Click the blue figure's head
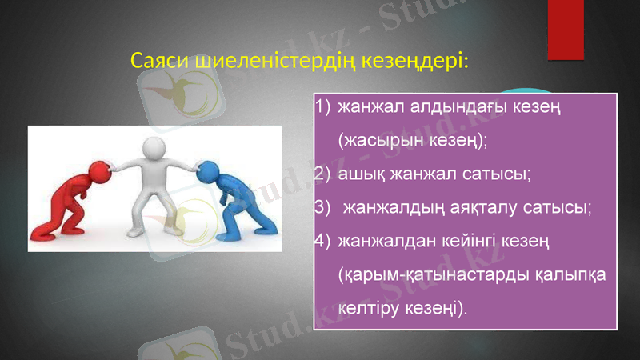pos(208,170)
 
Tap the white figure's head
pos(154,148)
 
